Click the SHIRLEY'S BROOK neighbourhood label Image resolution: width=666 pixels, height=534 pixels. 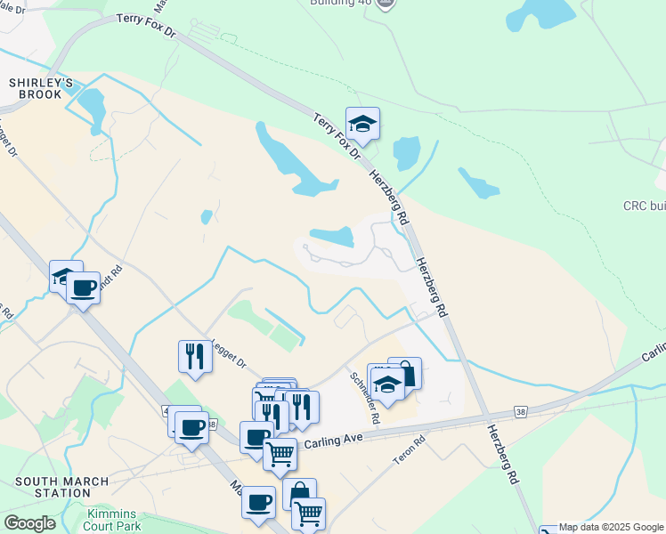(35, 88)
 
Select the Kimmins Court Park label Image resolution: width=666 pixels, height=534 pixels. (114, 521)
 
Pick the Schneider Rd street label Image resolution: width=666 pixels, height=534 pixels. (364, 397)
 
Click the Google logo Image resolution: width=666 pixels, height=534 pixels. (29, 523)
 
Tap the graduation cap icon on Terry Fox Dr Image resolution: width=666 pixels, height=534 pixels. (362, 124)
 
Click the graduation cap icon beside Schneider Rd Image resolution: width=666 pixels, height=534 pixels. (387, 384)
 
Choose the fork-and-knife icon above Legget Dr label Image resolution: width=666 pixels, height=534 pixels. (194, 356)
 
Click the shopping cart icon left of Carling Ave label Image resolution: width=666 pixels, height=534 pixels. (280, 454)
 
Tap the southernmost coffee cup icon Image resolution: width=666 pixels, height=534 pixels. (258, 502)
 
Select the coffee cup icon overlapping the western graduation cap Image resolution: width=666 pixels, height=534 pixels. (84, 287)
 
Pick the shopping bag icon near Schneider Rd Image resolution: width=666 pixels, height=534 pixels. (405, 372)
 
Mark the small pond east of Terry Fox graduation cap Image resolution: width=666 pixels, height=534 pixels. (406, 153)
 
